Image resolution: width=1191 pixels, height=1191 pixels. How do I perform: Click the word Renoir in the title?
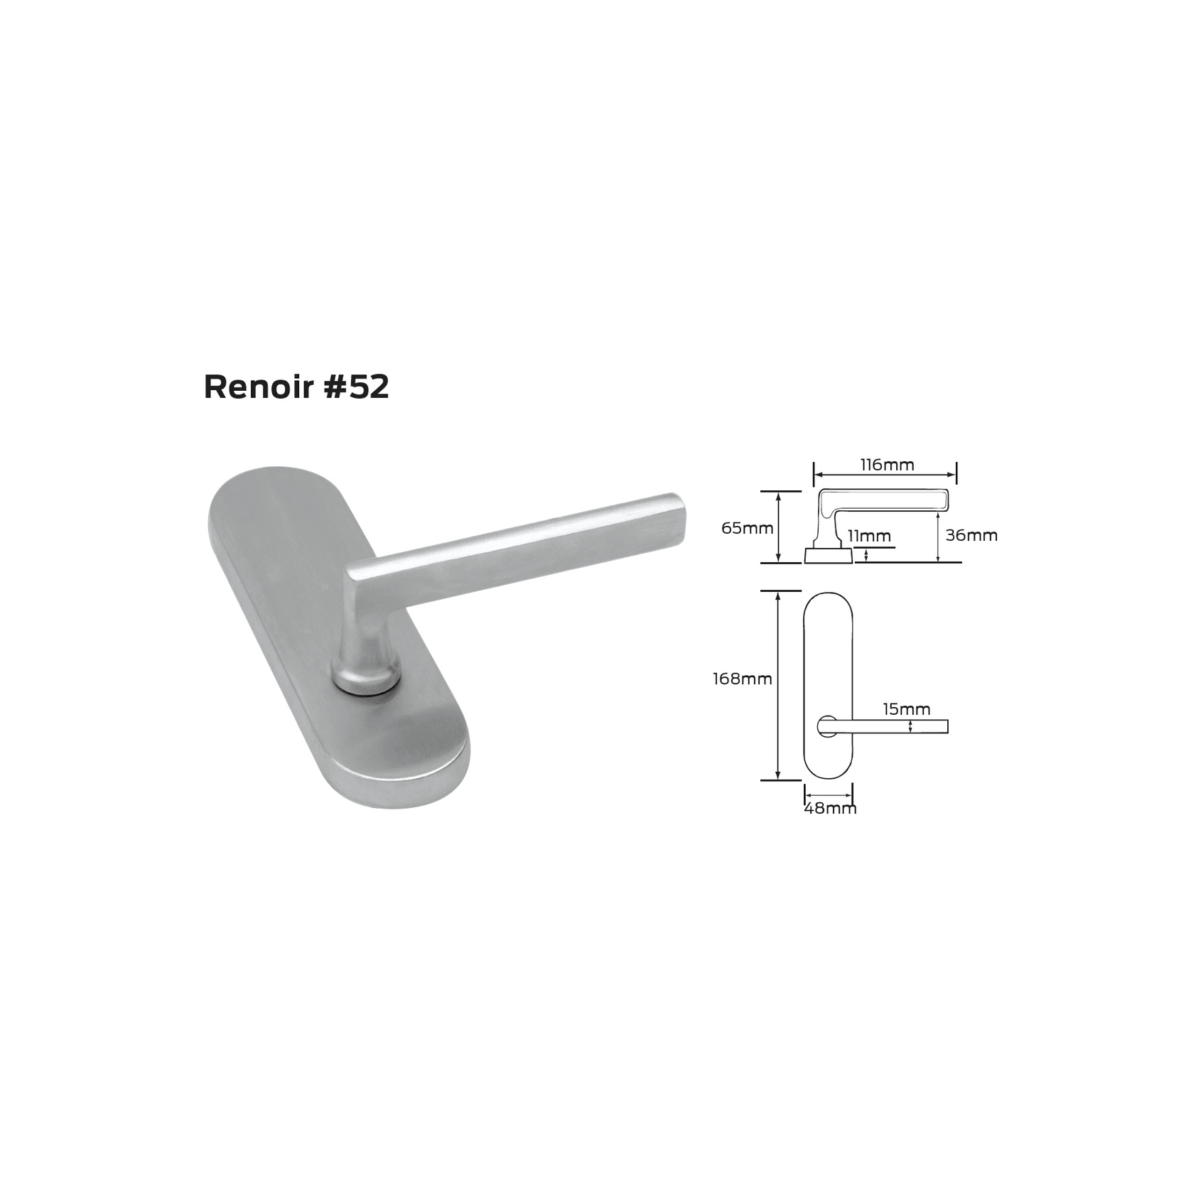click(x=259, y=388)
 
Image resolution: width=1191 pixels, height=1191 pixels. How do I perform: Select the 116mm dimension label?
click(x=887, y=465)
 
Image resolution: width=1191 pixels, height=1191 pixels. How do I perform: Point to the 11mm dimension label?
click(x=869, y=536)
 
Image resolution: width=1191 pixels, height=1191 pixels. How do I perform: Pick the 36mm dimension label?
click(x=971, y=536)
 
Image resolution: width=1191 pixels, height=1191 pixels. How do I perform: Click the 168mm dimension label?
click(x=743, y=679)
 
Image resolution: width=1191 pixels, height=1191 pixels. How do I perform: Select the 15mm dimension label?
click(x=906, y=709)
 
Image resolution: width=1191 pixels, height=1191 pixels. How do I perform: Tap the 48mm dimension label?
click(x=830, y=809)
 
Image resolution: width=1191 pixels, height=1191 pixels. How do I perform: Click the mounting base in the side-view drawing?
click(x=828, y=555)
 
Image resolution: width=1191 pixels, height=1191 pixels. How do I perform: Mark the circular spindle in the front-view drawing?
click(x=826, y=726)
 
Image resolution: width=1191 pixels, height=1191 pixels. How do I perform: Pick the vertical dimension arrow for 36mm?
click(x=939, y=537)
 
